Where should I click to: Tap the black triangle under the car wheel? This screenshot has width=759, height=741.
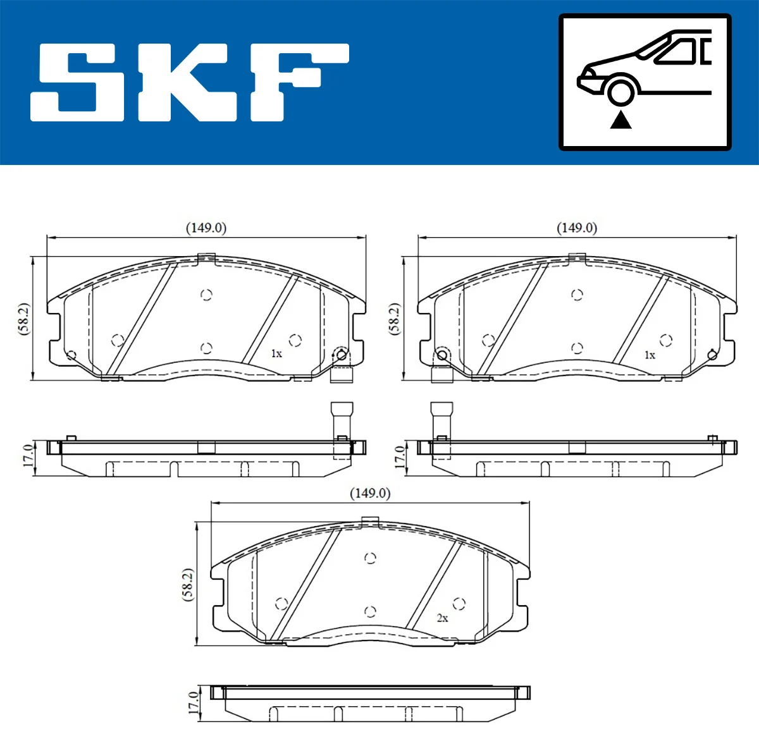click(x=620, y=119)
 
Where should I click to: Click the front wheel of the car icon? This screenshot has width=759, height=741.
click(x=620, y=91)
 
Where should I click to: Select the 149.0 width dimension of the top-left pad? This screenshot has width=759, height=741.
click(x=206, y=228)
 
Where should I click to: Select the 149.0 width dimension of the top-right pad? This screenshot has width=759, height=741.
click(x=576, y=228)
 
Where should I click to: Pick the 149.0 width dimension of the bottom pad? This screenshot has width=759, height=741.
click(x=370, y=493)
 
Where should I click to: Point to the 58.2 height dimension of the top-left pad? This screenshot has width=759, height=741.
click(x=23, y=319)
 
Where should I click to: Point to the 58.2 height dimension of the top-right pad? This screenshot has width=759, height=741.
click(x=394, y=319)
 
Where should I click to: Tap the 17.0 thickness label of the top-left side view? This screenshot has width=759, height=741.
click(x=28, y=456)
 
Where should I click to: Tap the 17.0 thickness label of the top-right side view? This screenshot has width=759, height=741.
click(x=399, y=456)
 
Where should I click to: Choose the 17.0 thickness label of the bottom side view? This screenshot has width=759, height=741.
click(x=193, y=702)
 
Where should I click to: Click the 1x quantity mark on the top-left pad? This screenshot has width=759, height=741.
click(x=276, y=353)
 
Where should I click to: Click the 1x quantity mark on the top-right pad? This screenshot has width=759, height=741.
click(x=650, y=355)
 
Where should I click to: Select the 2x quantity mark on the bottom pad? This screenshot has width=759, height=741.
click(x=442, y=618)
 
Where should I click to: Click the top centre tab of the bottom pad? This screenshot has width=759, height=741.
click(x=370, y=521)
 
